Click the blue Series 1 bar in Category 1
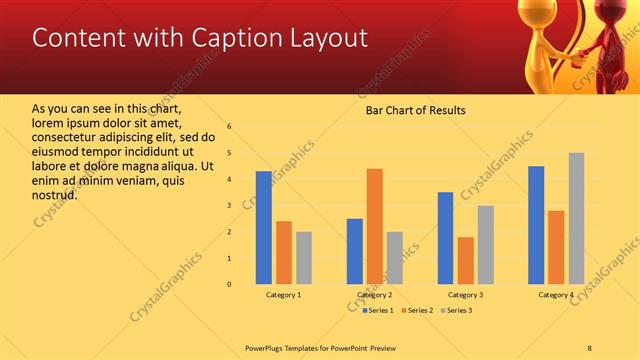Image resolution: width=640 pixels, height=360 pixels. click(x=264, y=228)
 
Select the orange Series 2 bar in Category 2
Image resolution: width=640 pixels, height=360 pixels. click(x=374, y=226)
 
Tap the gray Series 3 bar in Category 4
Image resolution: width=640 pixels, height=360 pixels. click(x=576, y=218)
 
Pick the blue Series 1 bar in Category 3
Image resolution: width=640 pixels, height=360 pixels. click(x=445, y=238)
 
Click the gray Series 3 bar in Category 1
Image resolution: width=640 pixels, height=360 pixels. click(x=304, y=258)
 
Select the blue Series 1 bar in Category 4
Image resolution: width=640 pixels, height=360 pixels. click(x=536, y=225)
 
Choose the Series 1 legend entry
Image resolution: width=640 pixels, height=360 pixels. click(x=377, y=310)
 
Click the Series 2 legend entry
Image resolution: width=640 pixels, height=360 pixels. click(x=417, y=310)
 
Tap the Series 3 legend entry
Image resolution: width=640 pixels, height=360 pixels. click(x=457, y=310)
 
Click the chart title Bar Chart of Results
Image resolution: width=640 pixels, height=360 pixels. click(x=415, y=110)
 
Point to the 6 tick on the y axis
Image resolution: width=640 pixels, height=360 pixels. click(x=230, y=127)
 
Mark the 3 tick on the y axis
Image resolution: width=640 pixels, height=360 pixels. click(x=230, y=205)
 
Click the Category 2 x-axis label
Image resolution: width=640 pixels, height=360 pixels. click(x=374, y=295)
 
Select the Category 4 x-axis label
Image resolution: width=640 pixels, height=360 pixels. click(x=556, y=295)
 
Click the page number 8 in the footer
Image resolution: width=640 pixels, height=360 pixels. click(x=590, y=346)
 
